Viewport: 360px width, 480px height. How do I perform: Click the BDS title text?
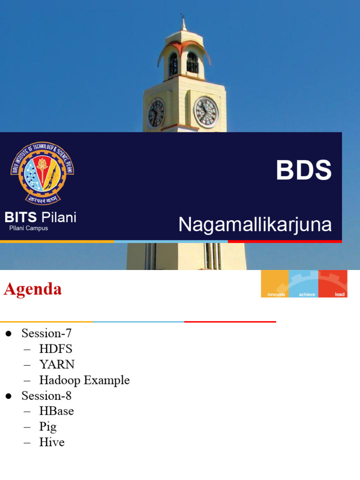coord(304,170)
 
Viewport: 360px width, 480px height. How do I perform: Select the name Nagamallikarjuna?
coord(255,225)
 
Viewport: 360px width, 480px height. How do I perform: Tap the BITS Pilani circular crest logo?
coord(42,172)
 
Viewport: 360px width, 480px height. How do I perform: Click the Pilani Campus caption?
coord(29,228)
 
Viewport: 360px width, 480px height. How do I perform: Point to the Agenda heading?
coord(33,289)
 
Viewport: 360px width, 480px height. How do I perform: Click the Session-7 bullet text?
coord(46,334)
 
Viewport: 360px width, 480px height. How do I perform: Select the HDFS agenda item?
coord(56,349)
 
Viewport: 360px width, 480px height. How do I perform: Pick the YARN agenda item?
coord(57,365)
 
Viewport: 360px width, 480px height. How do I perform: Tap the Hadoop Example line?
coord(84,380)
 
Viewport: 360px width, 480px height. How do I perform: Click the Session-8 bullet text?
coord(46,396)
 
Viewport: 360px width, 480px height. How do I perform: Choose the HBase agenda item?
coord(56,411)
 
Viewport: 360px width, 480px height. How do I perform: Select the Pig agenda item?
coord(48,427)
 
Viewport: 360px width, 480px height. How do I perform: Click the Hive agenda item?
coord(52,442)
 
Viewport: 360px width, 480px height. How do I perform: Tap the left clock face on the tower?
coord(156,113)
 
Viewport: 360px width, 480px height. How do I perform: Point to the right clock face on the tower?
coord(206,112)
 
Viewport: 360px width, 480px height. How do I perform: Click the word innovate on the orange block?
coord(276,294)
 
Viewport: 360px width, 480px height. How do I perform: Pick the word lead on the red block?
coord(340,294)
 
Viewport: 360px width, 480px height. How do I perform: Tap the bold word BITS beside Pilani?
coord(21,217)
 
